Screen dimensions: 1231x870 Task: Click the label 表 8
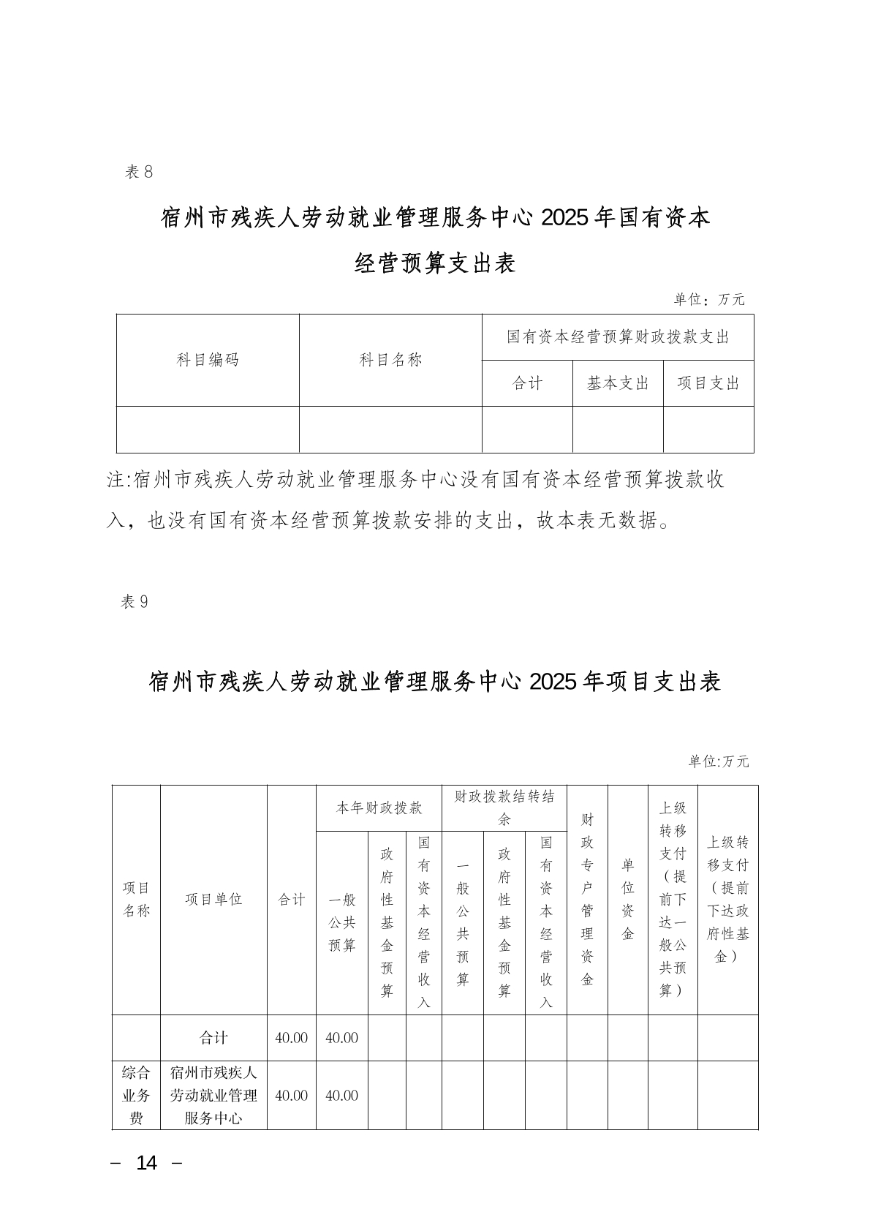[x=138, y=173]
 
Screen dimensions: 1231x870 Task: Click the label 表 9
[x=135, y=602]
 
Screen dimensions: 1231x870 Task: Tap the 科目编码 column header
[x=208, y=360]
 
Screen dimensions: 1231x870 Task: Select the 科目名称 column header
[x=390, y=360]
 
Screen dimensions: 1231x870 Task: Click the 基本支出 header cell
[x=618, y=383]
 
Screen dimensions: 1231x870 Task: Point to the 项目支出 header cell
[x=708, y=383]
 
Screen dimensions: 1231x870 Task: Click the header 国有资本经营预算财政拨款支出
[x=618, y=337]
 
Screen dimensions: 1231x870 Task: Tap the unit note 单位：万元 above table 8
[x=708, y=300]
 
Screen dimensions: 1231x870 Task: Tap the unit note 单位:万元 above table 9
[x=719, y=761]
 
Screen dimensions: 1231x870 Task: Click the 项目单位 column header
[x=213, y=900]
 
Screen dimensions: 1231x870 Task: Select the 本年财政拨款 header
[x=379, y=808]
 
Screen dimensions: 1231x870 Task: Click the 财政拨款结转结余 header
[x=504, y=808]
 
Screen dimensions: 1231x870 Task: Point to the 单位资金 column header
[x=627, y=900]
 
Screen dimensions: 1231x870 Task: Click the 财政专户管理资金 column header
[x=587, y=900]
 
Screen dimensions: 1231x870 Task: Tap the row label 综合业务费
[x=136, y=1095]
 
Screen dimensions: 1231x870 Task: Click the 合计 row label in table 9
[x=213, y=1038]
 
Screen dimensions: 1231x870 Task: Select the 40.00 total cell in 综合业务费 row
[x=291, y=1096]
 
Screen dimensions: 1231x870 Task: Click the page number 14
[x=147, y=1163]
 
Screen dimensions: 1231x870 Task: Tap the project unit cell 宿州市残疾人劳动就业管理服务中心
[x=213, y=1095]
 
